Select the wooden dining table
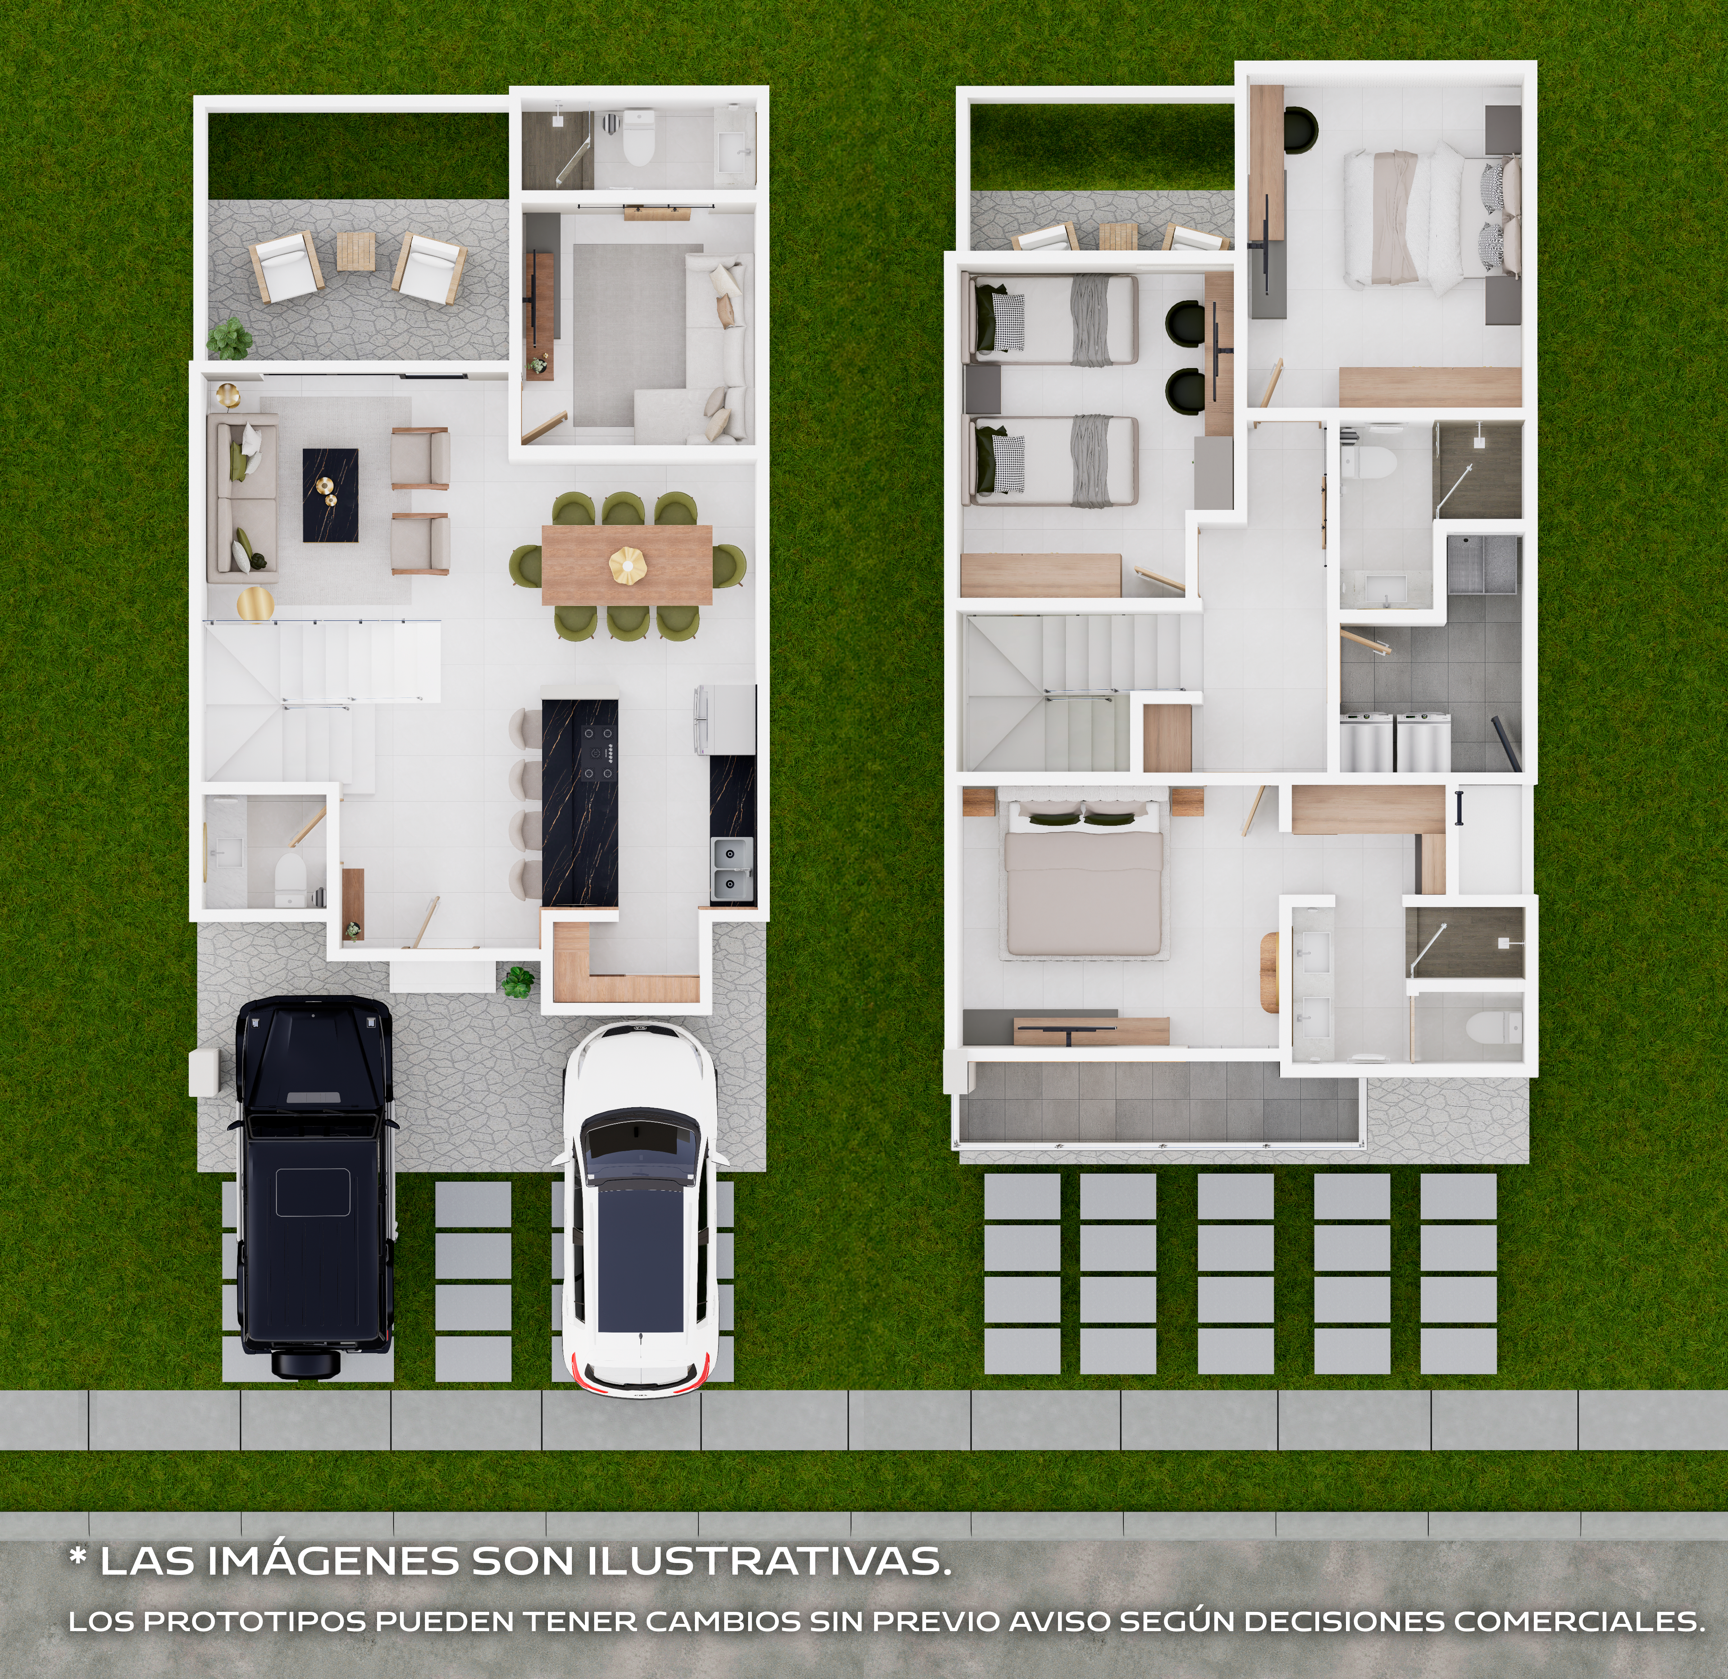pyautogui.click(x=627, y=564)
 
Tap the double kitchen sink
pyautogui.click(x=732, y=869)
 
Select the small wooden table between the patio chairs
pyautogui.click(x=355, y=251)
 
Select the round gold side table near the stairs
pyautogui.click(x=255, y=604)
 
